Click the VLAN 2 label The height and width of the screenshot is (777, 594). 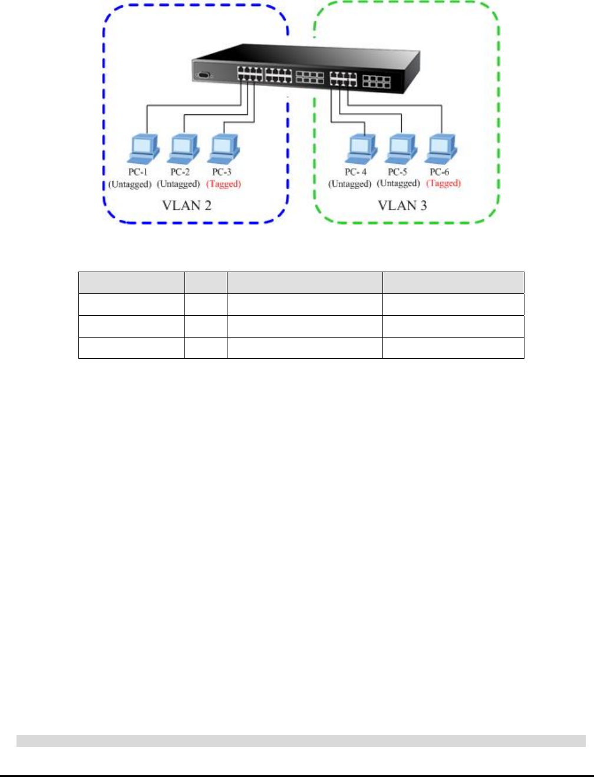coord(186,206)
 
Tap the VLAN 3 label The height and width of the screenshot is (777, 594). coord(402,206)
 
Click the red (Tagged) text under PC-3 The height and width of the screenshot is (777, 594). coord(223,184)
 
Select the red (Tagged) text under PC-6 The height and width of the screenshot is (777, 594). coord(443,183)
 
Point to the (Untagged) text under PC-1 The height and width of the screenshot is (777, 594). coord(130,184)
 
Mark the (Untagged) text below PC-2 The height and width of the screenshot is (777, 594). coord(178,184)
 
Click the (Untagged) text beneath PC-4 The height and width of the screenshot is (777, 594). coord(349,184)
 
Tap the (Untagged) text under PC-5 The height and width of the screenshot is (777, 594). coord(398,183)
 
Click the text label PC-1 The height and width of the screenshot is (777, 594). coord(138,172)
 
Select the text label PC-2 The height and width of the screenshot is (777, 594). coord(180,172)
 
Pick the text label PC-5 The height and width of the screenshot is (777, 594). coord(397,172)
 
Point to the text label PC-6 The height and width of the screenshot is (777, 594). coord(439,172)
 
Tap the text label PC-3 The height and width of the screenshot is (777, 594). coord(222,172)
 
